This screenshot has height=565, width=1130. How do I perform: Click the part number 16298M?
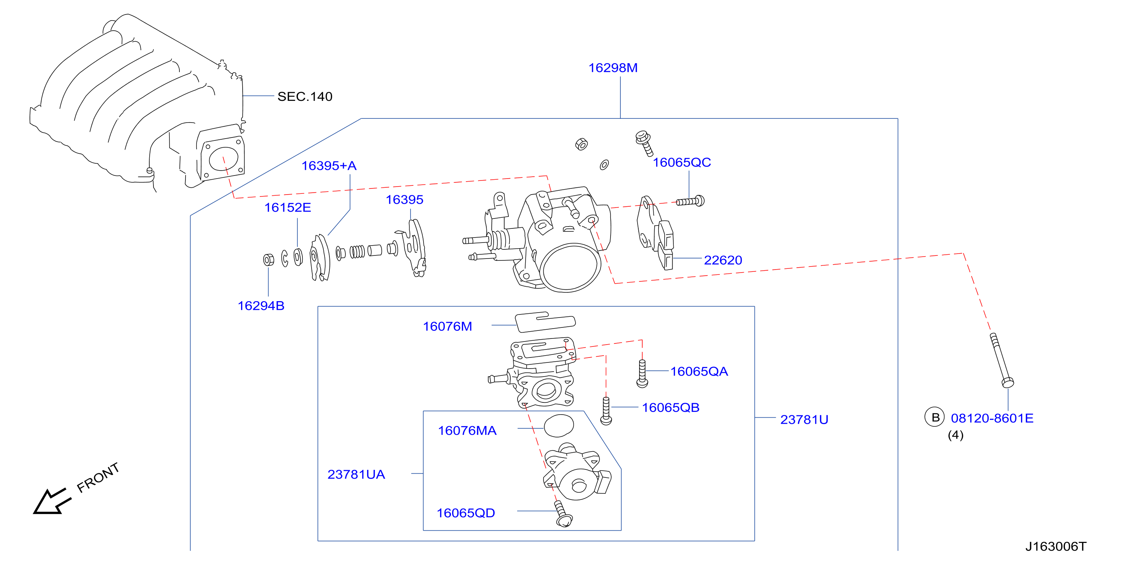click(613, 68)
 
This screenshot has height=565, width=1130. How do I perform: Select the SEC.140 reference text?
click(305, 96)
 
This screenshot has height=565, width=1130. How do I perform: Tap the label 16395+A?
click(329, 166)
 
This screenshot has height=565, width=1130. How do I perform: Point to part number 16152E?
click(288, 207)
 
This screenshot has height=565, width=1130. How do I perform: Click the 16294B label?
click(261, 306)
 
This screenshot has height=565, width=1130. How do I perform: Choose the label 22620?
click(723, 260)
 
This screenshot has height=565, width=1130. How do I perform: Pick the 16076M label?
click(448, 326)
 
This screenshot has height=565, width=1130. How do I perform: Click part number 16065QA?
click(699, 372)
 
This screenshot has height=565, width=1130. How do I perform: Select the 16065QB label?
click(671, 407)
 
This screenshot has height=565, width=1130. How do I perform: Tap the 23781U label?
click(804, 420)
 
